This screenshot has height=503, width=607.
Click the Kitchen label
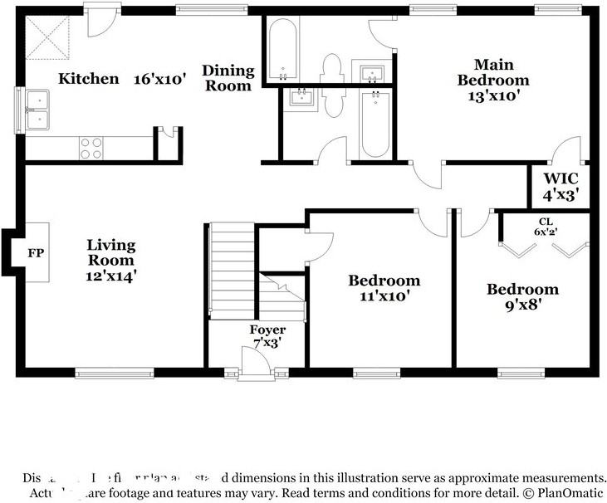88,79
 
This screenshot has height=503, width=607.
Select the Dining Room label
228,78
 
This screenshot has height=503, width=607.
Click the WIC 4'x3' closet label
560,187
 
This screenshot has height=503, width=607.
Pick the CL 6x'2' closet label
545,227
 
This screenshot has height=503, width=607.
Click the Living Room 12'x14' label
110,261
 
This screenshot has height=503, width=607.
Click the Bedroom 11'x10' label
384,287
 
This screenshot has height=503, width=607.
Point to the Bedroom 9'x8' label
522,297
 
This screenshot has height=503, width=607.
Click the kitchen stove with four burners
91,148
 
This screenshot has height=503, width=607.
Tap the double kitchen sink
37,110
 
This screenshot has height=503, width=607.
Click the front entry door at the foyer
254,364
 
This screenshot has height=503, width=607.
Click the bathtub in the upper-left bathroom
285,49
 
